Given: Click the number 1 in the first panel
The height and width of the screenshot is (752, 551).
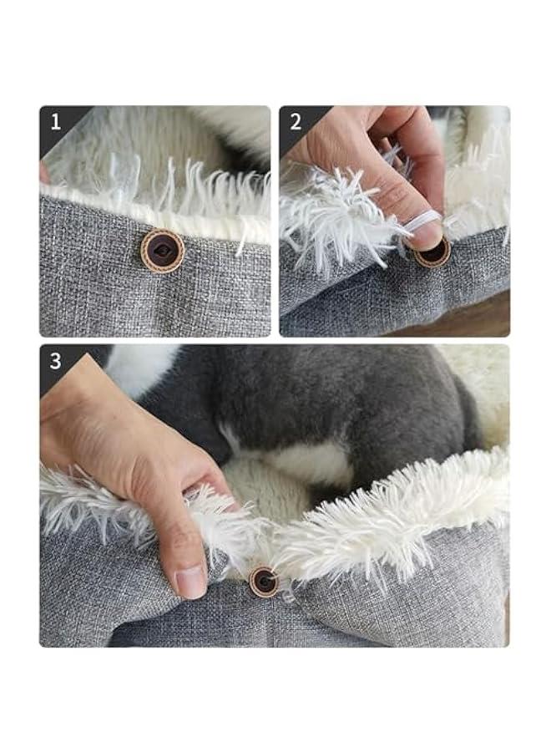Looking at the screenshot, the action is tap(56, 122).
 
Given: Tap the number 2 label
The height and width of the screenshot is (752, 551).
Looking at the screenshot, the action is tap(296, 122).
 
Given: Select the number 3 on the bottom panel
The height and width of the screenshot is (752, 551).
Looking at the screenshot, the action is tap(56, 361).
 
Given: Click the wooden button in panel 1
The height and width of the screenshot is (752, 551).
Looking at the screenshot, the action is tap(163, 251).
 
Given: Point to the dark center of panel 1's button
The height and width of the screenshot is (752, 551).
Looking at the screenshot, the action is tap(163, 251).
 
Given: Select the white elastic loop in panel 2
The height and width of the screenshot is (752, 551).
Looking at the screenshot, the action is tap(422, 221).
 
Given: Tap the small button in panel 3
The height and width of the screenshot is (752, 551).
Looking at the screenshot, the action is tap(264, 582).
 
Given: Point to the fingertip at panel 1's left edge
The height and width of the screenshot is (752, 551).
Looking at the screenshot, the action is tap(44, 173).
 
